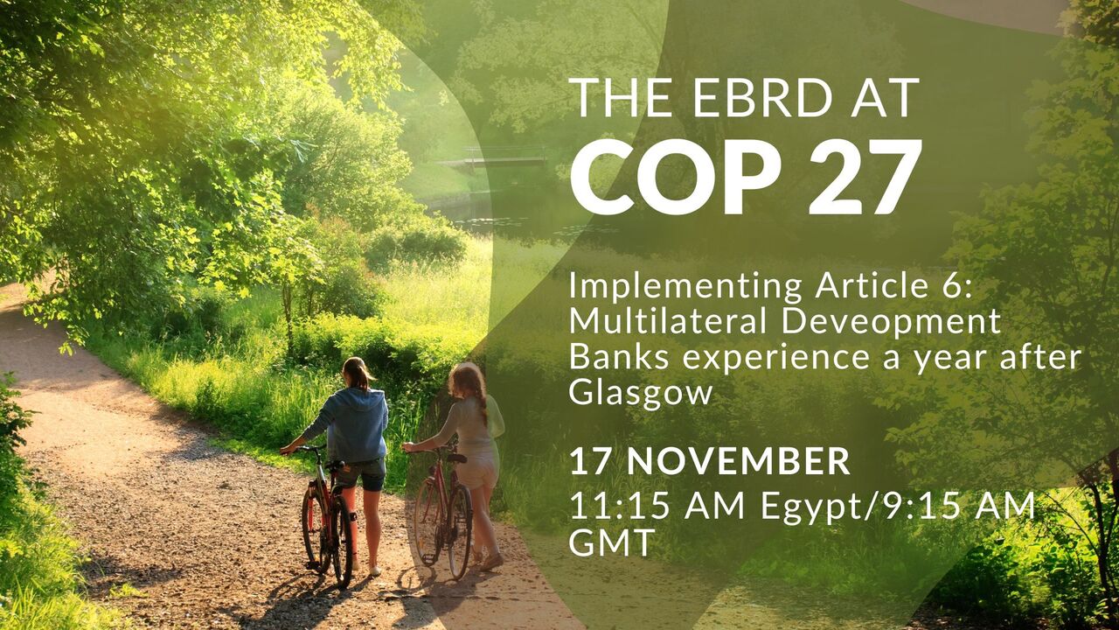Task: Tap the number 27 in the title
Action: (865, 177)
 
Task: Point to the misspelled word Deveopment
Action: (891, 320)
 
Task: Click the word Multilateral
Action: (668, 320)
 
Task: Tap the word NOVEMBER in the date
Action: (739, 461)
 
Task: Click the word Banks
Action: (620, 357)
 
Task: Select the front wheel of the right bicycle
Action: (427, 521)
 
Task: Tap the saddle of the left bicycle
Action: (336, 465)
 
